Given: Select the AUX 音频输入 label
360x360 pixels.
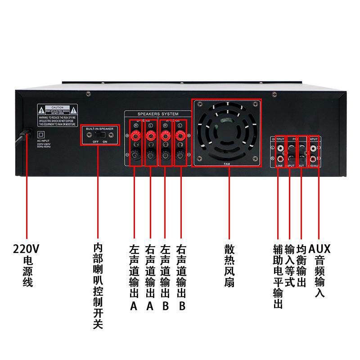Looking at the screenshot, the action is point(319,270).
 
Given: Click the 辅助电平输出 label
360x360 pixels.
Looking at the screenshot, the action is point(278,277).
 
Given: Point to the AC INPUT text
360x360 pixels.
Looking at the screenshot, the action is point(43,141).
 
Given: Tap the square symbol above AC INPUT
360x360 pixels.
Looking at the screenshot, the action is point(41,134).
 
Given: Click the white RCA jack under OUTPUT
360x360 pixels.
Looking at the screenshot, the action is point(281,147).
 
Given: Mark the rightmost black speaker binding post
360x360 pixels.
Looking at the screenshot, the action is point(180,155).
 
